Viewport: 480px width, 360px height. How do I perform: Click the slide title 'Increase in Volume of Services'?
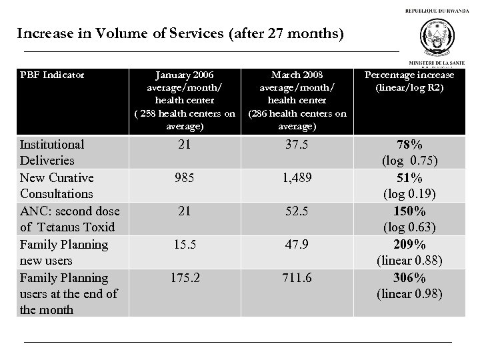pyautogui.click(x=180, y=33)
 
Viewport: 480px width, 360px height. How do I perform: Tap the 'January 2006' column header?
pyautogui.click(x=185, y=99)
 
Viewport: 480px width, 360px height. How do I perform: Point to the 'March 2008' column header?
pyautogui.click(x=298, y=99)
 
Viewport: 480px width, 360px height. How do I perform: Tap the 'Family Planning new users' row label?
pyautogui.click(x=63, y=252)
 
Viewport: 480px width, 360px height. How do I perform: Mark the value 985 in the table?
pyautogui.click(x=185, y=178)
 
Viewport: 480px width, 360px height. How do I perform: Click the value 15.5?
pyautogui.click(x=185, y=245)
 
